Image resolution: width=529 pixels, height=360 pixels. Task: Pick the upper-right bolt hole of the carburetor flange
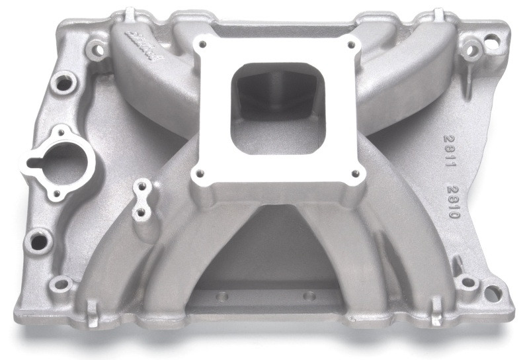point(350,45)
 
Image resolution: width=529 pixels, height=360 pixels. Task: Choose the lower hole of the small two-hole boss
point(140,213)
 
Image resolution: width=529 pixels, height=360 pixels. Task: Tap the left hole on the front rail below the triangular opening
point(222,296)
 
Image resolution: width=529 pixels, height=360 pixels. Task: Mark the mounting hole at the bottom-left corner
point(61,285)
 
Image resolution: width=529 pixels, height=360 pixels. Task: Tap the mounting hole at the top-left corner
point(99,48)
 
